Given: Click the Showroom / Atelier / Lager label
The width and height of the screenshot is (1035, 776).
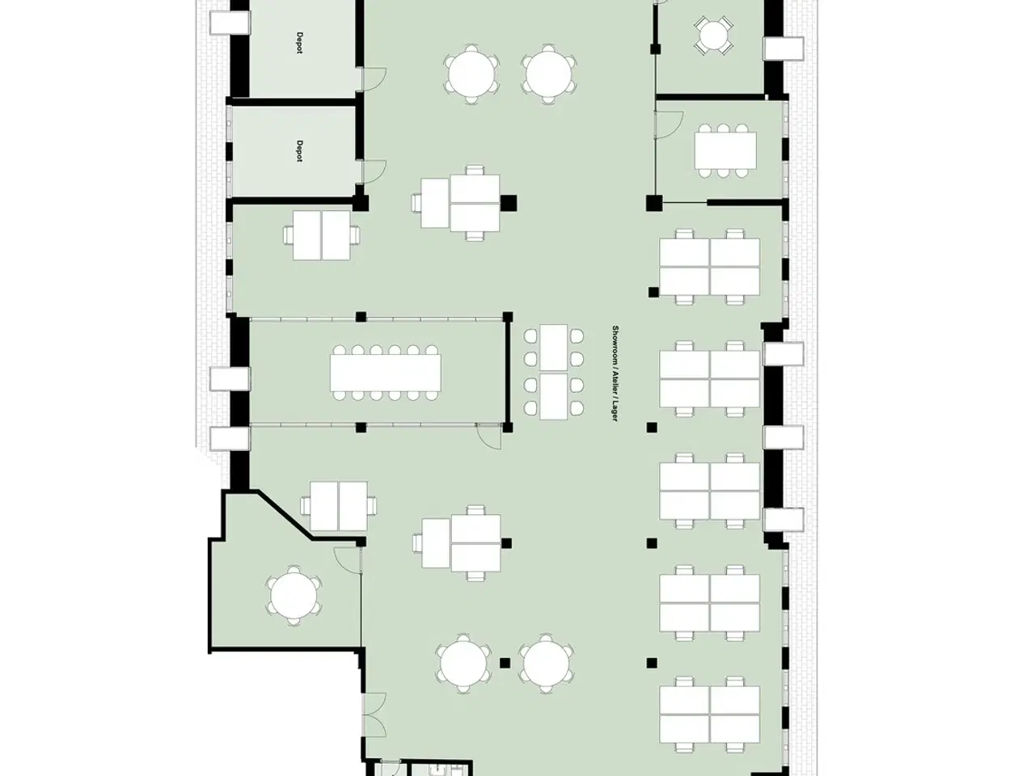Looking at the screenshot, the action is [615, 373].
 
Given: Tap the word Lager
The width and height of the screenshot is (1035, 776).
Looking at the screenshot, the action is [615, 411].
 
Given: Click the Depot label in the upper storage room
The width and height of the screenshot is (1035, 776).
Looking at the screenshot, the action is [299, 43].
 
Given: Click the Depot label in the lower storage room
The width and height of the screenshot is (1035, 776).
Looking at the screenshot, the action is [299, 151].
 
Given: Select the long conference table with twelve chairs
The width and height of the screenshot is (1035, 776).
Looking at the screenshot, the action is [385, 373].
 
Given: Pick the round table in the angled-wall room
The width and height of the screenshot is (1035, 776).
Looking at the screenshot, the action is [294, 596].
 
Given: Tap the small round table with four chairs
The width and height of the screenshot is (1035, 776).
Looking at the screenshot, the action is [713, 35].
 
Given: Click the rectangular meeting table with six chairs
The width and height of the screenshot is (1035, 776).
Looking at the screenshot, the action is [724, 151].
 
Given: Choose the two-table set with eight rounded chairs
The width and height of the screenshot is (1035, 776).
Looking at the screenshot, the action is [554, 372].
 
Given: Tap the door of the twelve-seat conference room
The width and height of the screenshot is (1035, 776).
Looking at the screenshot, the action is [488, 436].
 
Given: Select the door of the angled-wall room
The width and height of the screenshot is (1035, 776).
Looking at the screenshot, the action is [348, 560].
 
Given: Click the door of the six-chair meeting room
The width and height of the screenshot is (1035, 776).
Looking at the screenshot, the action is [670, 124].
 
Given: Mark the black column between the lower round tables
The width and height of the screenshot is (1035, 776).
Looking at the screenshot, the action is [505, 663].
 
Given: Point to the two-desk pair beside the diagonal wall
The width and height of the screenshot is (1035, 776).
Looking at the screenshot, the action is [339, 506].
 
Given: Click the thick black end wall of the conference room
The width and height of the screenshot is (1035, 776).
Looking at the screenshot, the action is [508, 372].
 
